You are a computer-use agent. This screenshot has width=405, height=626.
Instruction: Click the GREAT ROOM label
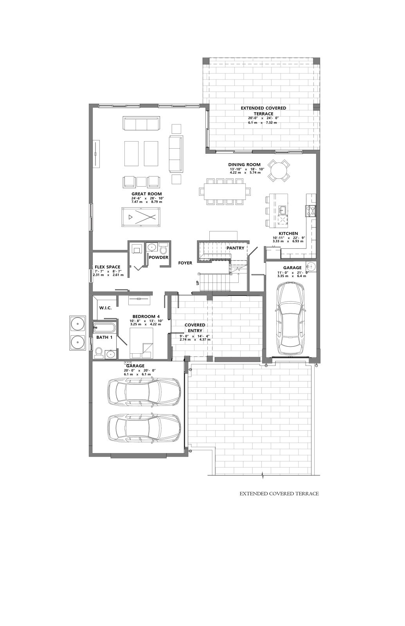pos(146,194)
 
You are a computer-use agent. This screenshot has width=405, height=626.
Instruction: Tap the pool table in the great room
pos(141,217)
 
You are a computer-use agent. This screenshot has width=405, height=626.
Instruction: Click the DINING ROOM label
pos(244,165)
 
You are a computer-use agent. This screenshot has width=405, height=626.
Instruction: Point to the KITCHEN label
pos(288,233)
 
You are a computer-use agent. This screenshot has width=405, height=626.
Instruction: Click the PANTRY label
pos(235,248)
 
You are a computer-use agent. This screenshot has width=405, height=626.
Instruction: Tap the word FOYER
pos(185,263)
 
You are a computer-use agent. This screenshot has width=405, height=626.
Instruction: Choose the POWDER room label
pos(158,257)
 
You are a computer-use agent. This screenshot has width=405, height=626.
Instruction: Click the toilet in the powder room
pos(163,248)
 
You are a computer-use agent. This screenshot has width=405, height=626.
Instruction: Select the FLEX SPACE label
pos(107,267)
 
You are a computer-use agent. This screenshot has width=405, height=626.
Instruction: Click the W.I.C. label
pos(106,308)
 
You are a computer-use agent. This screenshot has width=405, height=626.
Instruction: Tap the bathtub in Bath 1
pos(104,327)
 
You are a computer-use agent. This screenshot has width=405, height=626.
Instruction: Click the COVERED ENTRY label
pos(195,328)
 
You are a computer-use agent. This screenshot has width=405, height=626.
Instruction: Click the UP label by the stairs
pos(198,283)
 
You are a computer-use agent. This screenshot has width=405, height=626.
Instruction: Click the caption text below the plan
pos(279,494)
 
